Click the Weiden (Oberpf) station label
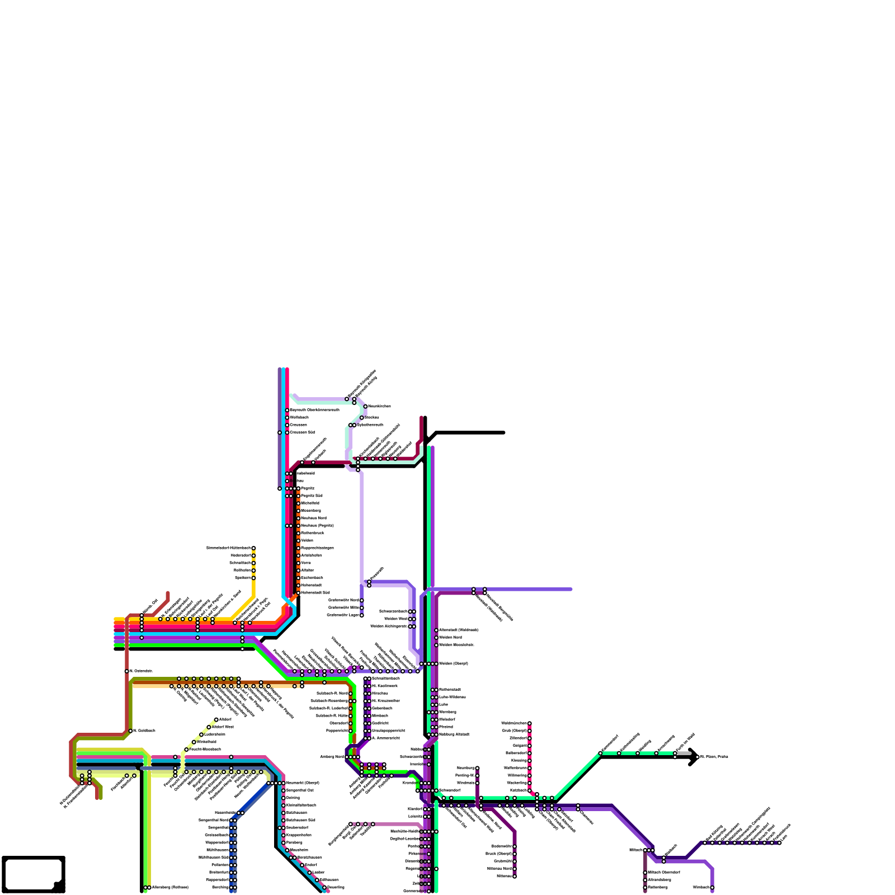pyautogui.click(x=453, y=663)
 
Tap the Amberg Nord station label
pyautogui.click(x=332, y=757)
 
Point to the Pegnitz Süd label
pyautogui.click(x=312, y=496)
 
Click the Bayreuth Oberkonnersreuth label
pyautogui.click(x=314, y=410)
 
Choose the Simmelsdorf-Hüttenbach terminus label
pyautogui.click(x=228, y=548)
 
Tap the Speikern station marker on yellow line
pyautogui.click(x=253, y=578)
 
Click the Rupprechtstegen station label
pyautogui.click(x=317, y=548)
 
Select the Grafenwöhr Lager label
pyautogui.click(x=343, y=615)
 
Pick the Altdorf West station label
pyautogui.click(x=223, y=727)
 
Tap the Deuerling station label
pyautogui.click(x=336, y=887)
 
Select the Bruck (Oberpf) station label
pyautogui.click(x=498, y=854)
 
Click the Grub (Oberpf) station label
pyautogui.click(x=514, y=731)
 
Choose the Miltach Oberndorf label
pyautogui.click(x=663, y=872)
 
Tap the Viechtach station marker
pyautogui.click(x=712, y=887)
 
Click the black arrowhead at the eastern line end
pyautogui.click(x=694, y=757)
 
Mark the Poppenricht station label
pyautogui.click(x=337, y=731)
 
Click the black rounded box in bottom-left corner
pyautogui.click(x=34, y=874)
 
